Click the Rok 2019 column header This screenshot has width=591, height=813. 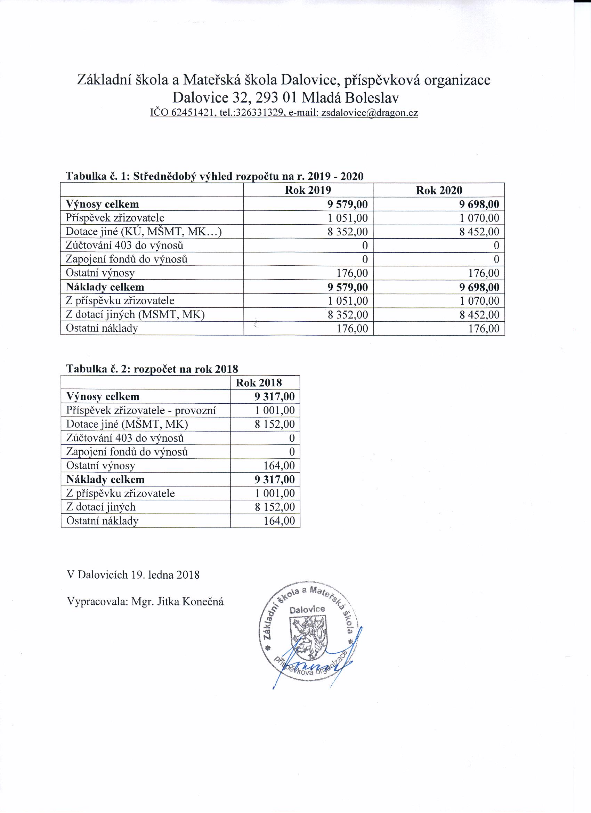(x=308, y=190)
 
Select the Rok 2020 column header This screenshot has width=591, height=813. (x=439, y=190)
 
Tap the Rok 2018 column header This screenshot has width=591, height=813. (x=258, y=383)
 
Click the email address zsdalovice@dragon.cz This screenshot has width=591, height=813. (x=370, y=113)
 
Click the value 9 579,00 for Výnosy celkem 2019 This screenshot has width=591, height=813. (x=347, y=204)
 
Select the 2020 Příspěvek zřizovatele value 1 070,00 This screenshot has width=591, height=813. (x=479, y=218)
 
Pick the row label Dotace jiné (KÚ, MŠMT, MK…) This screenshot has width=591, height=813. (x=143, y=232)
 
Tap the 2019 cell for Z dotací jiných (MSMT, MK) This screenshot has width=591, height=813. (x=347, y=315)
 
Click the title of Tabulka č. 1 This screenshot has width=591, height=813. (x=214, y=176)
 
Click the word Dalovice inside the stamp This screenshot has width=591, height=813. (x=307, y=609)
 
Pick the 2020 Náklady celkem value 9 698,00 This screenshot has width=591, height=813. (x=479, y=287)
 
